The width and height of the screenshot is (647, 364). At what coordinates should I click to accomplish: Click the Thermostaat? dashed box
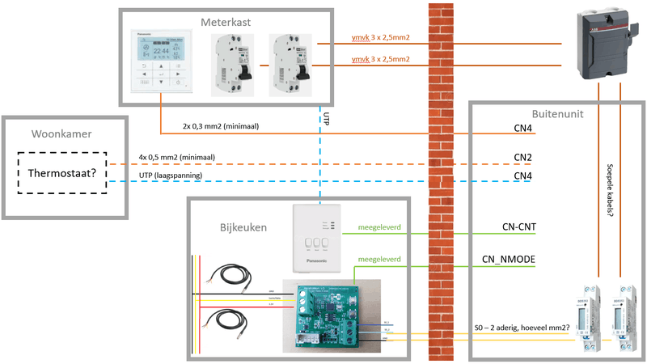click(x=64, y=171)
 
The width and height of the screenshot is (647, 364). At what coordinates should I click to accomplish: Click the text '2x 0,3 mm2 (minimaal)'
click(x=221, y=126)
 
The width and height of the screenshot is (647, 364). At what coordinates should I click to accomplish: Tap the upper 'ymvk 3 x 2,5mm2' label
click(x=381, y=38)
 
